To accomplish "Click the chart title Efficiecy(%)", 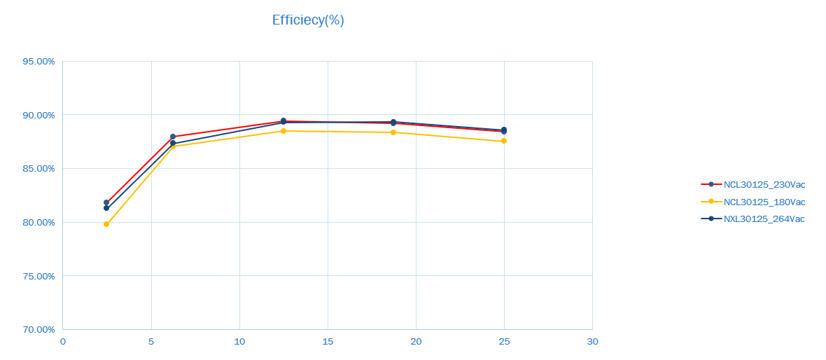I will tap(308, 20).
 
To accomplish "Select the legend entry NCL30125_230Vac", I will tap(764, 185).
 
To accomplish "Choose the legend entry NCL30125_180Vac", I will tap(764, 202).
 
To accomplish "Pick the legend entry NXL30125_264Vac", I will tap(764, 219).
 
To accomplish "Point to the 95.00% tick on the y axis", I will tap(38, 62).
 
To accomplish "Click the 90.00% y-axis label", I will tap(38, 115).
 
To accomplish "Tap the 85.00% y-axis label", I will tap(38, 169).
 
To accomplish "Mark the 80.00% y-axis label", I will tap(38, 223).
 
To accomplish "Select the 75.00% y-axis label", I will tap(38, 276).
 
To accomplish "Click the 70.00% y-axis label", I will tap(38, 330).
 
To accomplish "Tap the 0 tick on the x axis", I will tap(63, 342).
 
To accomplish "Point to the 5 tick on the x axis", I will tap(151, 342).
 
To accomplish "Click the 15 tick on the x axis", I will tap(328, 342).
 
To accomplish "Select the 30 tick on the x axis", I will tap(592, 342).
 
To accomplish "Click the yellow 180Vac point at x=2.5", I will tap(106, 224).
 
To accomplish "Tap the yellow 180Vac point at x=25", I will tap(504, 141).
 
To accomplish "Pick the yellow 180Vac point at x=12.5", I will tap(283, 131).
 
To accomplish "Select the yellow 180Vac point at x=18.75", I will tap(393, 132).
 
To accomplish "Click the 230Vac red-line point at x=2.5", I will tap(106, 202).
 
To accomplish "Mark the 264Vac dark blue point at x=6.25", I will tap(173, 144).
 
